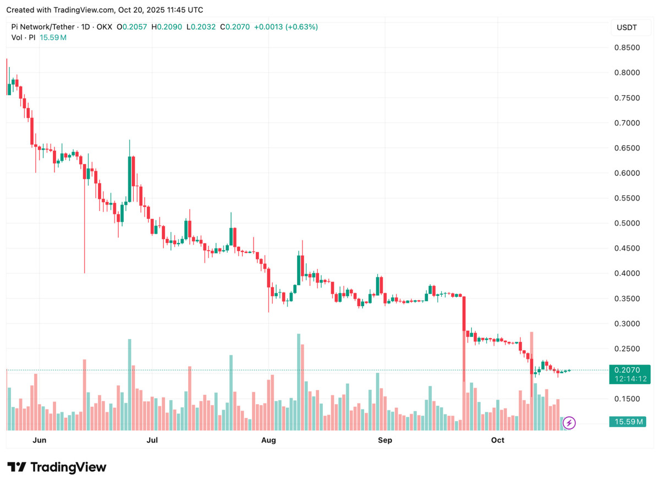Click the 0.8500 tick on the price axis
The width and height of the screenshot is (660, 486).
click(626, 48)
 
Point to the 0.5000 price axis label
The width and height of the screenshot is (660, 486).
click(626, 223)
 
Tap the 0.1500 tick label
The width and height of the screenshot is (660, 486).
click(626, 399)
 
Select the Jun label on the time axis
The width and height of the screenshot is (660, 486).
click(39, 440)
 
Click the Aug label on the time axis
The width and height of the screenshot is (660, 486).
click(268, 440)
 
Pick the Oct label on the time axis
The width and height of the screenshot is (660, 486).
click(497, 440)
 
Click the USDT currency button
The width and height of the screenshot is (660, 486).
click(626, 28)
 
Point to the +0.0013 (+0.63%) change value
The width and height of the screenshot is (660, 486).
click(285, 27)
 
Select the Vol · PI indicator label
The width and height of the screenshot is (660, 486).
click(24, 37)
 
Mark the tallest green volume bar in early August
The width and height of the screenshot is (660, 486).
click(299, 382)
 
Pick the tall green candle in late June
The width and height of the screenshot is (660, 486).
click(129, 178)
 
